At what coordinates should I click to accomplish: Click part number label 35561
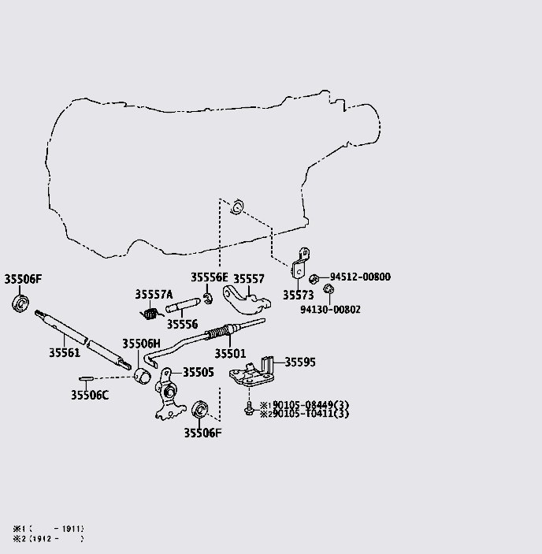click(x=65, y=353)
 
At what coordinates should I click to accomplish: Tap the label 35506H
click(x=141, y=344)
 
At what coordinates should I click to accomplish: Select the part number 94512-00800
click(x=360, y=277)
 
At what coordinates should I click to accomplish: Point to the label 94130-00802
click(x=330, y=310)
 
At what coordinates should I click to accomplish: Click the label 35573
click(x=299, y=295)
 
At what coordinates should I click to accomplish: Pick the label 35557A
click(x=154, y=295)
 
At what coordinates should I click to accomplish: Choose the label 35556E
click(x=209, y=277)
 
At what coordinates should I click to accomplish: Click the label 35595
click(x=299, y=363)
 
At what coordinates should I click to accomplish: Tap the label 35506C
click(x=89, y=396)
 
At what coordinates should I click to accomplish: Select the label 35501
click(x=231, y=353)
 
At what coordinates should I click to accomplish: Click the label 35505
click(x=198, y=372)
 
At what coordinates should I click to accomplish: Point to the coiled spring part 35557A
click(x=152, y=313)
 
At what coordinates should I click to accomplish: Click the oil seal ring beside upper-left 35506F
click(x=20, y=302)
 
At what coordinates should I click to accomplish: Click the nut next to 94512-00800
click(x=314, y=278)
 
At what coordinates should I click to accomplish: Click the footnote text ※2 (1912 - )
click(x=47, y=539)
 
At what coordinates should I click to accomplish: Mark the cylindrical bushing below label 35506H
click(x=143, y=374)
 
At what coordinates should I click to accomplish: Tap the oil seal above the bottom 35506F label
click(x=200, y=408)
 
